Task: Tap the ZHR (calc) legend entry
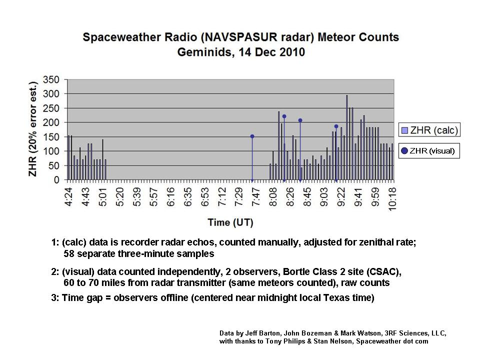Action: [429, 130]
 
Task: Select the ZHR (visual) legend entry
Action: [428, 151]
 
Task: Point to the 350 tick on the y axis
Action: [51, 80]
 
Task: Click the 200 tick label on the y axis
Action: [51, 122]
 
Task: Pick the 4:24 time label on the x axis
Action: [69, 197]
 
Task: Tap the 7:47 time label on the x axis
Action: [256, 197]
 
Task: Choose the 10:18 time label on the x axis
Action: [392, 199]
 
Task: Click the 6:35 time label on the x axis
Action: [188, 197]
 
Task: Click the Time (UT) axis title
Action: [230, 222]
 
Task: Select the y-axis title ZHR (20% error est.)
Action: [33, 129]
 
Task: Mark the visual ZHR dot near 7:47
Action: [252, 136]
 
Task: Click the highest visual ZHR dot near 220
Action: [284, 116]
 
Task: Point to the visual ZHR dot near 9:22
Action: [336, 126]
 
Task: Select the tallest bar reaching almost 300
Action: [347, 137]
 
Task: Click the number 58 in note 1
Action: [69, 254]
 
